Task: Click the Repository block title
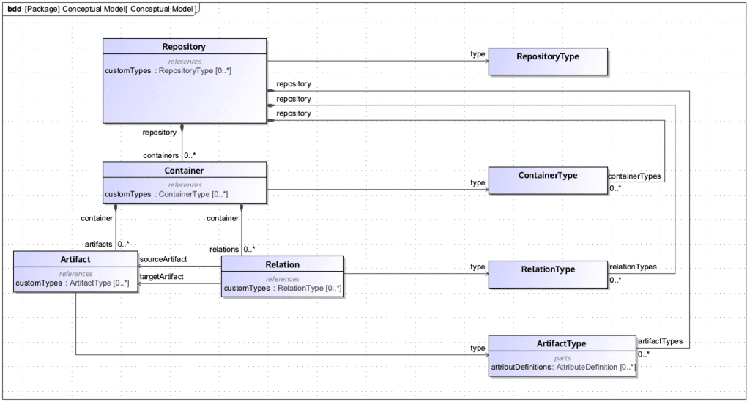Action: point(184,47)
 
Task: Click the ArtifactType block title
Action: point(562,343)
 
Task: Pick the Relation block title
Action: point(282,264)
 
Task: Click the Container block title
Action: point(184,171)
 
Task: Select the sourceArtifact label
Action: point(163,259)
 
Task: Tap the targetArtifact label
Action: point(162,276)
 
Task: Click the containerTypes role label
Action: point(634,176)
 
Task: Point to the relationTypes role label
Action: point(633,267)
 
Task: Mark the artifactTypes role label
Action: point(660,341)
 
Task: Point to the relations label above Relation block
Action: point(224,250)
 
